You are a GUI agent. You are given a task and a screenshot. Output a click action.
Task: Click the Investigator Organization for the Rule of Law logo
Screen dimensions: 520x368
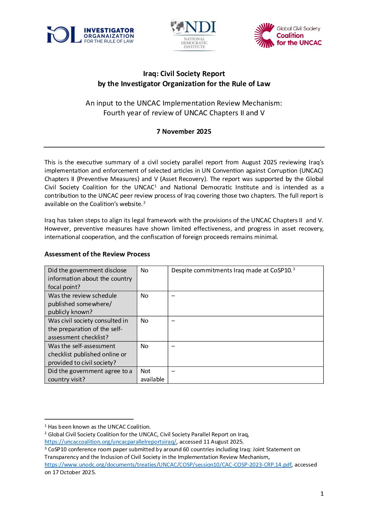(90, 35)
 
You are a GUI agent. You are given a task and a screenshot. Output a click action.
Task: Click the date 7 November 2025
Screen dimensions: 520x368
(184, 131)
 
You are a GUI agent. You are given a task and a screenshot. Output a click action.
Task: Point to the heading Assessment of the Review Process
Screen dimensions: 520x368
(97, 254)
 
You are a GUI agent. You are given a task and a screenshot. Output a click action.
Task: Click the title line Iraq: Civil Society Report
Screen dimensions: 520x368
(184, 74)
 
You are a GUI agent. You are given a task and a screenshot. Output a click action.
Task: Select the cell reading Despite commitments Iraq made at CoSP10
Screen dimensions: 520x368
(232, 271)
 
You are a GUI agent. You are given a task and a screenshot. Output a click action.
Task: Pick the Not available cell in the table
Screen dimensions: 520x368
(152, 375)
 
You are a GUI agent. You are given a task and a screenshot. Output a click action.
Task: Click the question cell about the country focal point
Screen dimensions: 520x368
(90, 279)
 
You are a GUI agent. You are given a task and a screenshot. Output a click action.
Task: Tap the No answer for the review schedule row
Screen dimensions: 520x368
(144, 296)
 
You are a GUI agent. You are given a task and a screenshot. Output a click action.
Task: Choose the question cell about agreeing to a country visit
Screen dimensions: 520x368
(90, 375)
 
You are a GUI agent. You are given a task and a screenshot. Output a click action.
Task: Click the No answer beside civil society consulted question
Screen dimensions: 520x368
(144, 321)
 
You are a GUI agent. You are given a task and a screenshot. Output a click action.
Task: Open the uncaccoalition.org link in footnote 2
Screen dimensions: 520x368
(110, 442)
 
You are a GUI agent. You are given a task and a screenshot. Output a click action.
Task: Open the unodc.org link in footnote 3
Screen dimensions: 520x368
(168, 465)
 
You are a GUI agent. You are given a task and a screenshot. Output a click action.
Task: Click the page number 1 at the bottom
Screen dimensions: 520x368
(322, 494)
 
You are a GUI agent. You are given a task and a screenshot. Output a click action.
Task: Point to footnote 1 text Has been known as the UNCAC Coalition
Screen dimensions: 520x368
(99, 427)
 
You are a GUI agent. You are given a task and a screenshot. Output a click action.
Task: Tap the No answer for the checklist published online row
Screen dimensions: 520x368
(144, 346)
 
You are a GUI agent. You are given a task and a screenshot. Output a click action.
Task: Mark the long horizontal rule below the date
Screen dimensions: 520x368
(184, 147)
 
